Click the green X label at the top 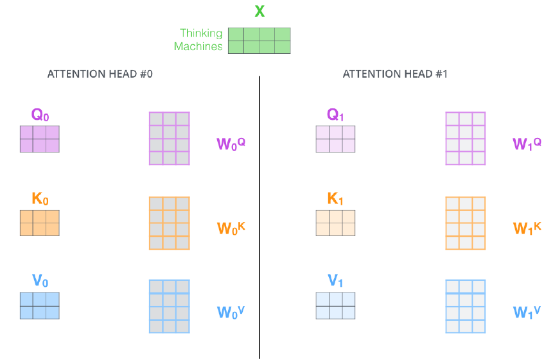259,12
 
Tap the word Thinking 201,33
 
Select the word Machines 198,46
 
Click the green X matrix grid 259,40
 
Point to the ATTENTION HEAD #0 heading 100,74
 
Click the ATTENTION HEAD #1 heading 395,74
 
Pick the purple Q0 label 40,116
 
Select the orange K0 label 40,199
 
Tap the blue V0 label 40,281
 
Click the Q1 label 335,116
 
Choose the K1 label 335,199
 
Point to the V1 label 335,281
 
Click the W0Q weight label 231,143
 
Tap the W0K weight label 231,228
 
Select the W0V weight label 231,312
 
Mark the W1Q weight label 527,143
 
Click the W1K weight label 527,228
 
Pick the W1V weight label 527,312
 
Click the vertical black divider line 259,218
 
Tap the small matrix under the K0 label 40,223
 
